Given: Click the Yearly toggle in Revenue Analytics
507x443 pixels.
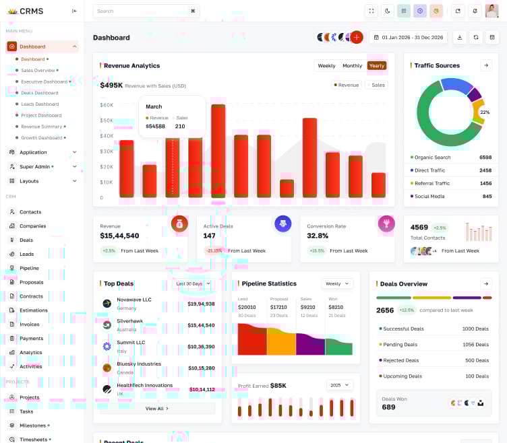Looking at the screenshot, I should click(376, 65).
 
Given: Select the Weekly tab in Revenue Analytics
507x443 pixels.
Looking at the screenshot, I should click(326, 65).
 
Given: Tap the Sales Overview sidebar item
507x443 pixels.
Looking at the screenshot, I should click(38, 70).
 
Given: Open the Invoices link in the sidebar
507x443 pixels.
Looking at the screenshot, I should click(30, 324).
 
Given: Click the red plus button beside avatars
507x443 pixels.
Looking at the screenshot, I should click(357, 37).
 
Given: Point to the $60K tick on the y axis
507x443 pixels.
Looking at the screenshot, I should click(107, 105).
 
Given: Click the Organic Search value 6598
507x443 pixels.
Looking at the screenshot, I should click(485, 158).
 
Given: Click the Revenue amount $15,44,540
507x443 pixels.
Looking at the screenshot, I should click(119, 236).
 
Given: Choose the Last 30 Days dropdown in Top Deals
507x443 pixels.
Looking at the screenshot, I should click(193, 283).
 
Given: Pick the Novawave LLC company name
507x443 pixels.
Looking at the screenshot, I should click(134, 300).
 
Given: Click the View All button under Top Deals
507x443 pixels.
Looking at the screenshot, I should click(157, 408).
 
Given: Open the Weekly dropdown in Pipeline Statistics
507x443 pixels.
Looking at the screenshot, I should click(337, 283).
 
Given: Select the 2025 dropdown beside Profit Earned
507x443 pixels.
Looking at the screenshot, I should click(339, 385).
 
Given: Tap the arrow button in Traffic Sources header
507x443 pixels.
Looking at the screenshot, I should click(486, 65).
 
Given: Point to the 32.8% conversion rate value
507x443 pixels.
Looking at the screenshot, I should click(318, 236).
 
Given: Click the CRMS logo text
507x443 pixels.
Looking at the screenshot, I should click(32, 11).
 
